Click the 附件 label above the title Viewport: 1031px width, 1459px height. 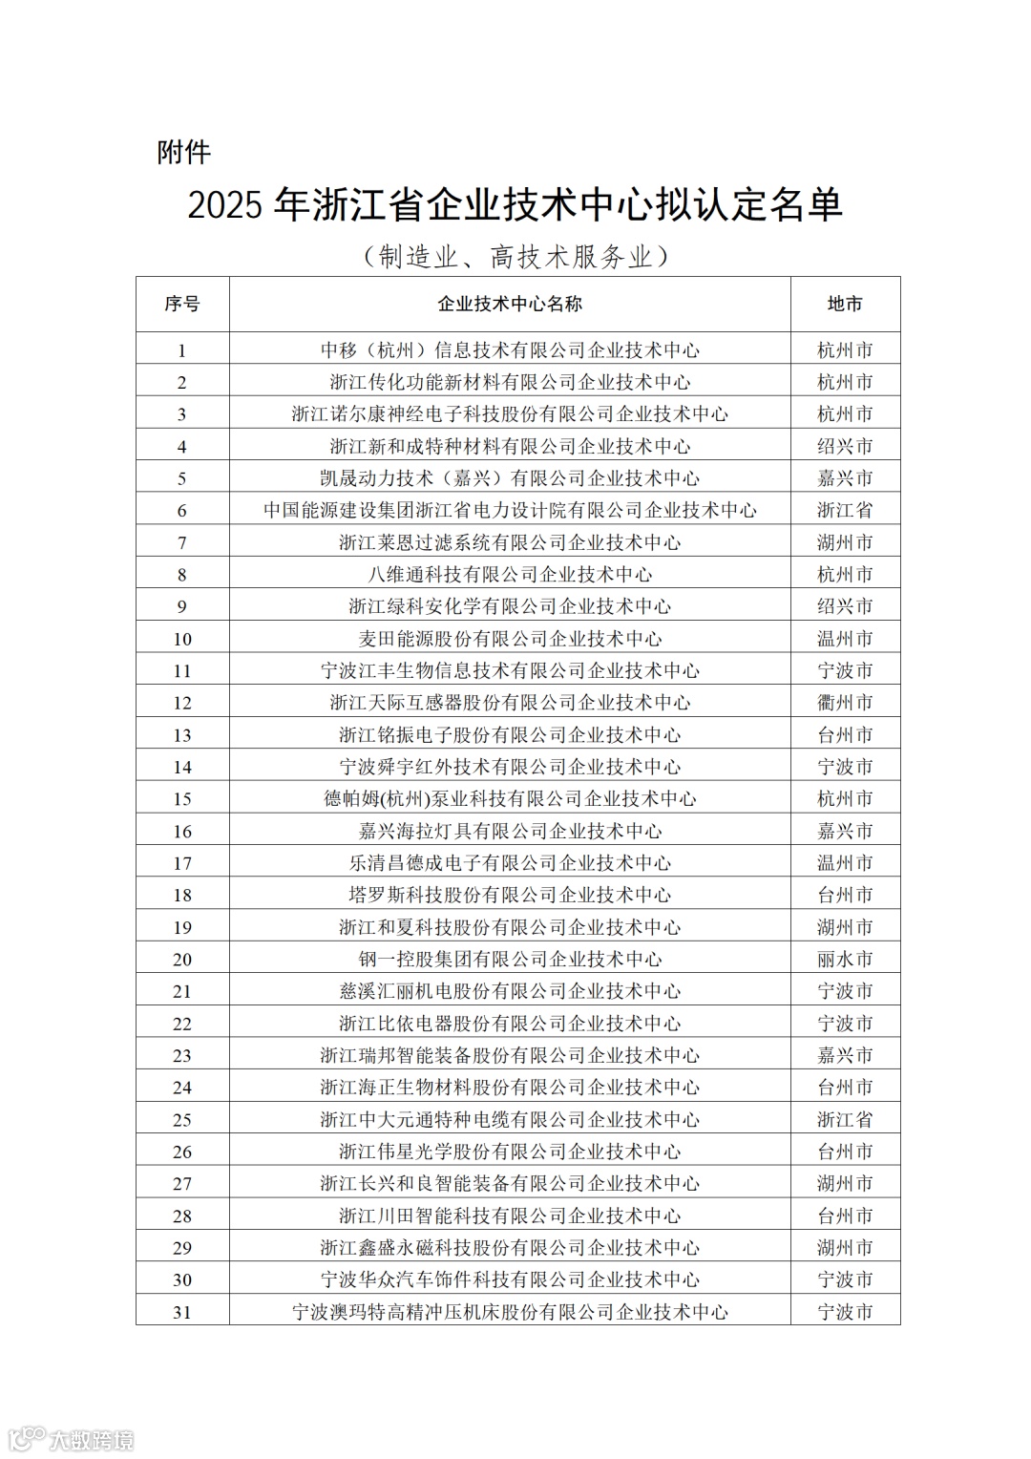point(183,152)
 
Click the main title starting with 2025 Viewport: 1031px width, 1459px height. point(515,205)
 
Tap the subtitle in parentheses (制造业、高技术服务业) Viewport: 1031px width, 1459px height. point(515,256)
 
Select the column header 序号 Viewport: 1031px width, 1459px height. point(182,304)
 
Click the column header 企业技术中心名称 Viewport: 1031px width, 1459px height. point(510,304)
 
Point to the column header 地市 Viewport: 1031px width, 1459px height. point(845,304)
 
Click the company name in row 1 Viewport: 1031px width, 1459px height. point(510,349)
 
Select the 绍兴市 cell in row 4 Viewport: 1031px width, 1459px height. point(845,446)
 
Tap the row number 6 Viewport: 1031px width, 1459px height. point(182,510)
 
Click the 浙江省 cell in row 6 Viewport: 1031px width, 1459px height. point(845,510)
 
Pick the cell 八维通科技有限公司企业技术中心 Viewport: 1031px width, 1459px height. point(510,574)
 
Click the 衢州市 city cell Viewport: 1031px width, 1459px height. point(845,703)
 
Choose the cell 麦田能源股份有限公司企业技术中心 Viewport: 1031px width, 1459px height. point(510,638)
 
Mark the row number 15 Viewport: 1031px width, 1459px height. point(182,799)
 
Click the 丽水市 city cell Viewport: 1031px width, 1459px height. point(845,959)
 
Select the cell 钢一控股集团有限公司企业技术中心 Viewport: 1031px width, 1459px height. point(510,959)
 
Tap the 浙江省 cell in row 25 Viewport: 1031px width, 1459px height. point(845,1119)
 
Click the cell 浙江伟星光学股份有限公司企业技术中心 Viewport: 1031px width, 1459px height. point(510,1152)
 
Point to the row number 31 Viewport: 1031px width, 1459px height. point(182,1312)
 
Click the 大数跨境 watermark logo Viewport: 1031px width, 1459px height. point(71,1438)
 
